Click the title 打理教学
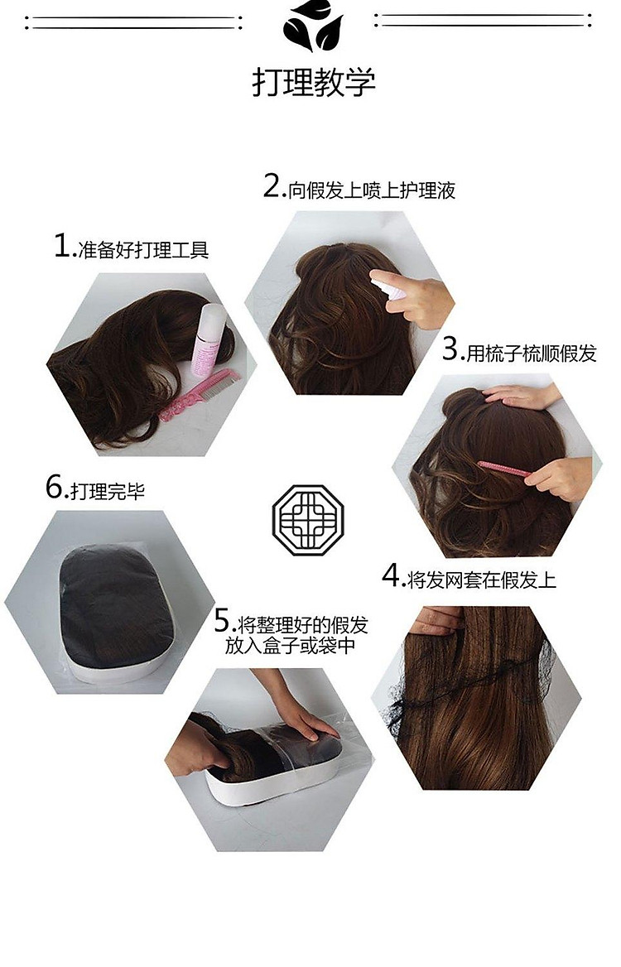pyautogui.click(x=313, y=82)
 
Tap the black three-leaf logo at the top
pyautogui.click(x=312, y=26)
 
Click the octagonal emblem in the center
pyautogui.click(x=308, y=519)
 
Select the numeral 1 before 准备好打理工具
pyautogui.click(x=63, y=245)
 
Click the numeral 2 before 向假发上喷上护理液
pyautogui.click(x=272, y=185)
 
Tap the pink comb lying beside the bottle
pyautogui.click(x=198, y=395)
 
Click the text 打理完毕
pyautogui.click(x=108, y=492)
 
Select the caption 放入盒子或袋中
pyautogui.click(x=291, y=646)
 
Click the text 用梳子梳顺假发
pyautogui.click(x=532, y=354)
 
